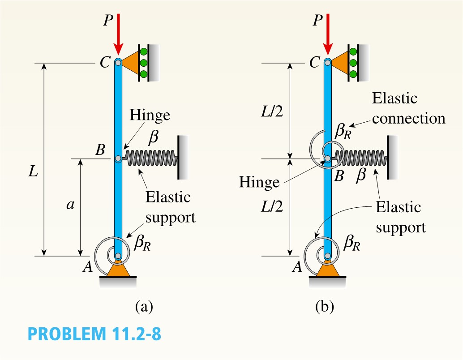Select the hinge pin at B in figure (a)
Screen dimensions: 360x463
coord(118,159)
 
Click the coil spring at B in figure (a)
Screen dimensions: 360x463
coord(151,158)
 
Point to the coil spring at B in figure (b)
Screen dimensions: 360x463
coord(361,158)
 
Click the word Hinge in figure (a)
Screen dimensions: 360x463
coord(150,115)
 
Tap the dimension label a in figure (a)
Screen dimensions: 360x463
coord(70,205)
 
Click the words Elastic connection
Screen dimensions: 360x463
coord(408,108)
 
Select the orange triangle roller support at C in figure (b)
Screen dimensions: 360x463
coord(339,63)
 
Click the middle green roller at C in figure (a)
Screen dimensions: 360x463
coord(144,63)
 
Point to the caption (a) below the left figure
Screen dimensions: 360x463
coord(144,307)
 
